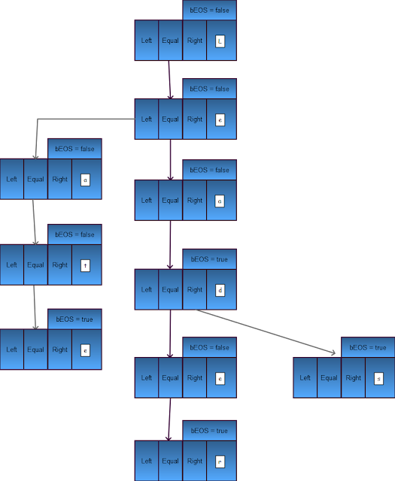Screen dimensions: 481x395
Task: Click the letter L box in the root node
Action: pyautogui.click(x=219, y=40)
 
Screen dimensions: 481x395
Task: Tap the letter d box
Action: pyautogui.click(x=219, y=289)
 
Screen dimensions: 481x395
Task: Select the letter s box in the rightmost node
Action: pyautogui.click(x=378, y=378)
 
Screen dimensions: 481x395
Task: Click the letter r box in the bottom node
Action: pyautogui.click(x=219, y=461)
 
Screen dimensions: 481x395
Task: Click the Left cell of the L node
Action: pyautogui.click(x=147, y=40)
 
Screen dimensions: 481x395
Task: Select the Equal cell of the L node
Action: pyautogui.click(x=170, y=40)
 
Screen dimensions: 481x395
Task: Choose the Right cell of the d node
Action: pyautogui.click(x=195, y=289)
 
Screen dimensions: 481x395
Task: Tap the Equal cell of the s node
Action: pyautogui.click(x=329, y=378)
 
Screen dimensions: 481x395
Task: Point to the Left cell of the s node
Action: pyautogui.click(x=305, y=378)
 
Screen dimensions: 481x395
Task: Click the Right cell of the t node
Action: pyautogui.click(x=60, y=265)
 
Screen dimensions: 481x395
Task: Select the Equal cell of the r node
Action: pyautogui.click(x=170, y=461)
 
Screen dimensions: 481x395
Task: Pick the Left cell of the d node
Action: pyautogui.click(x=147, y=289)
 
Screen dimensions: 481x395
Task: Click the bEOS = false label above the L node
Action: pyautogui.click(x=209, y=10)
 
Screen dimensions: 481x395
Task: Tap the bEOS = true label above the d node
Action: pyautogui.click(x=209, y=259)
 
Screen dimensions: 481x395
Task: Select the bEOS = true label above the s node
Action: pyautogui.click(x=368, y=348)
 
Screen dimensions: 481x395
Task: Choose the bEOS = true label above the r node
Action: pyautogui.click(x=209, y=431)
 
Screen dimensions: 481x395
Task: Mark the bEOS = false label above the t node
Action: pyautogui.click(x=74, y=234)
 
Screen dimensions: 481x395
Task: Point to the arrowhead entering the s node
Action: pyautogui.click(x=332, y=352)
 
